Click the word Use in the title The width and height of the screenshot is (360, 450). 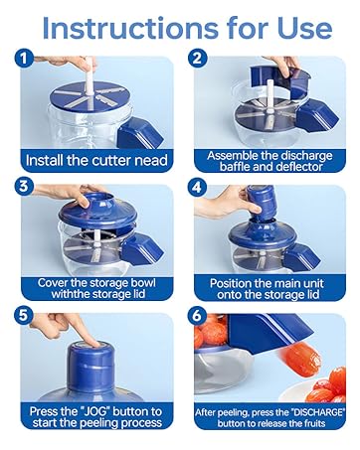(304, 29)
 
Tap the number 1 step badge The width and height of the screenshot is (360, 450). (24, 59)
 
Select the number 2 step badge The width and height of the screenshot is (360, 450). (198, 59)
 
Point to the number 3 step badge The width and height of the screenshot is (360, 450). (24, 187)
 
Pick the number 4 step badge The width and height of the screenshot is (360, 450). (198, 187)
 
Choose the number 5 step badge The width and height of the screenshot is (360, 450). (24, 315)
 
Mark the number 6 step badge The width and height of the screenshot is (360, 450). (198, 315)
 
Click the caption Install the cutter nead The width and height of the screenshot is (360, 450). (96, 161)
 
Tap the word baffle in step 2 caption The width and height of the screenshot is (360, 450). (236, 167)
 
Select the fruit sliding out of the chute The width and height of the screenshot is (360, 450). (300, 361)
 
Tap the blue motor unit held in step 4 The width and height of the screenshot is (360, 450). (261, 204)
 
